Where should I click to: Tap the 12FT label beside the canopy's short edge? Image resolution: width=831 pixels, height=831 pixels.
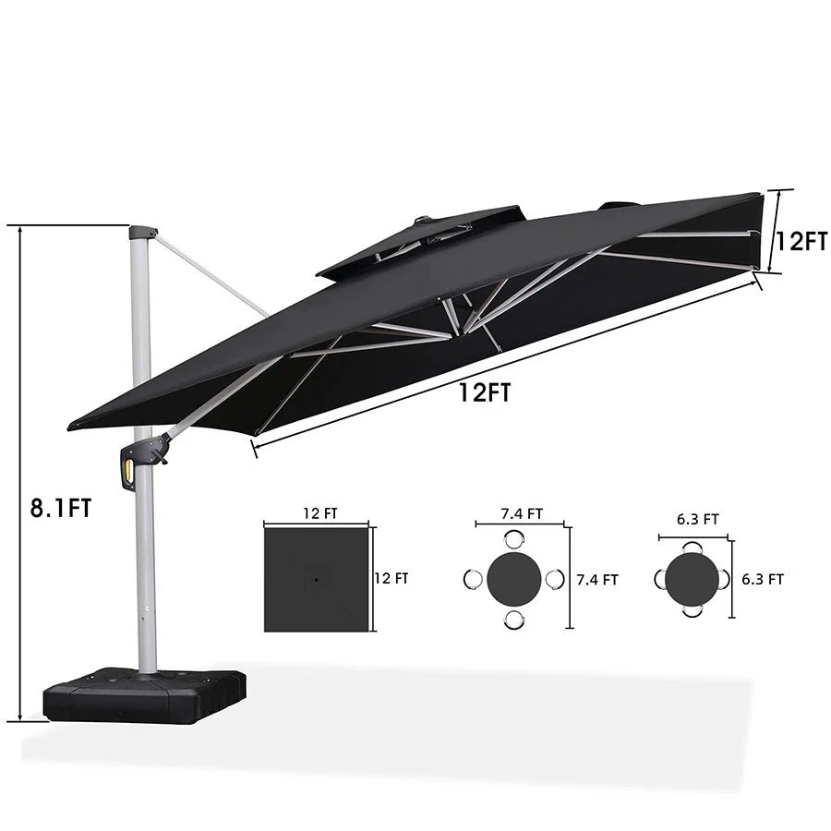800,243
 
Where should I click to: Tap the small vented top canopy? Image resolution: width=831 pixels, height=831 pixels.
420,241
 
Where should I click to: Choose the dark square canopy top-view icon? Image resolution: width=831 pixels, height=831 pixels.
316,579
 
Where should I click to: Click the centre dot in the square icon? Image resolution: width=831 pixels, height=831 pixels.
316,579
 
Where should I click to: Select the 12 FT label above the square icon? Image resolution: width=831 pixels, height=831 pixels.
317,514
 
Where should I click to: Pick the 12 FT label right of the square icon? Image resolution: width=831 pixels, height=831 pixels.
391,579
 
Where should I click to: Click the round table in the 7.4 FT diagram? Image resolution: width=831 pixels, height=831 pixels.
514,579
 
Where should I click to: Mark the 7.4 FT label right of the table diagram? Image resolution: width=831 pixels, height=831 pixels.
597,580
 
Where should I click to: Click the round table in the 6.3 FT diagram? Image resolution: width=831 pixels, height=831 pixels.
692,578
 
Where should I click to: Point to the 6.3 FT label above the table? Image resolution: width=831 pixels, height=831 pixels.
697,520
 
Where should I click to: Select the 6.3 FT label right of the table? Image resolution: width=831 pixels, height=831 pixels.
763,580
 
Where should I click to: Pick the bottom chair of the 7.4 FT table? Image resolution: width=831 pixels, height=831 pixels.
514,618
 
